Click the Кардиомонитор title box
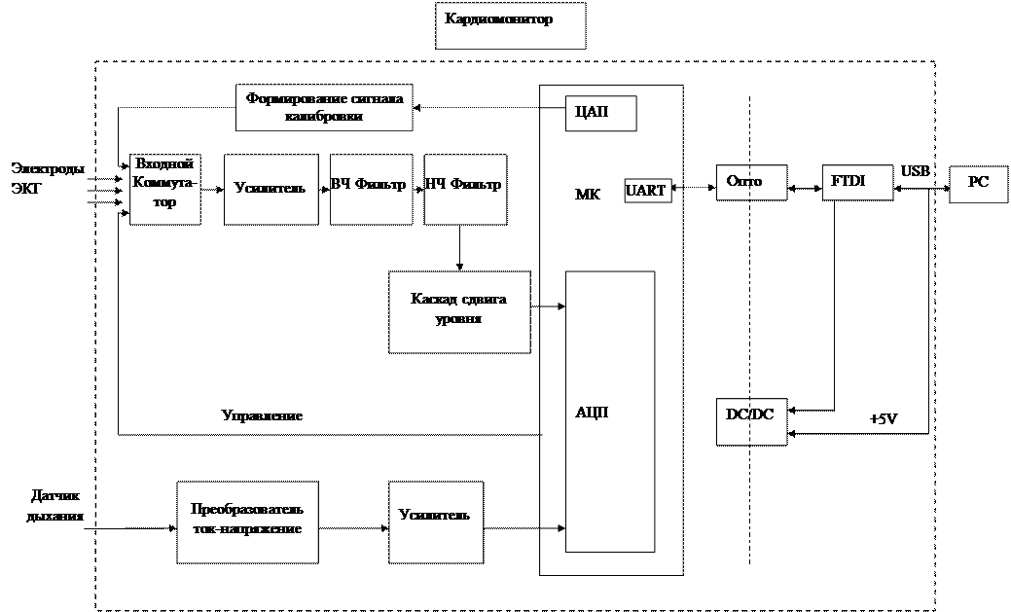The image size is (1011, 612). point(510,25)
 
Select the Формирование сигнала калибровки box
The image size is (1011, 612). point(324,107)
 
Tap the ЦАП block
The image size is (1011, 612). point(600,113)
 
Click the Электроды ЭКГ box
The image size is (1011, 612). point(50,178)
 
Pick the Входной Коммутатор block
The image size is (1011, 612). point(165,189)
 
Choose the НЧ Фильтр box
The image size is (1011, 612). point(466,189)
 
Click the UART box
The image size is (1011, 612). point(647,192)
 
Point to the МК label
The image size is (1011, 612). point(589,195)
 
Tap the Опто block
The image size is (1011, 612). point(750,182)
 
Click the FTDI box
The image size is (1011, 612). point(856,182)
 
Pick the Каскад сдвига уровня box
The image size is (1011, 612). point(459,311)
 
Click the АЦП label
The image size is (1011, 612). point(591,413)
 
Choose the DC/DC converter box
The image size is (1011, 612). point(750,420)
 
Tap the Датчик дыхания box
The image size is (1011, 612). point(54,506)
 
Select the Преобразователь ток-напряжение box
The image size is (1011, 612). point(247,521)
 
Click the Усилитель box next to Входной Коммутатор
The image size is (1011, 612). point(271,189)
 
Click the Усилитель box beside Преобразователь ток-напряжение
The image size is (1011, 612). point(435,521)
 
